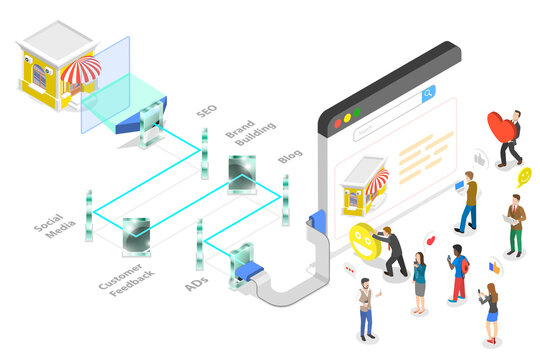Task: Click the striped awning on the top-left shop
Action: coord(81,71)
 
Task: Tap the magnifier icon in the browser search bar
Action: coord(428,93)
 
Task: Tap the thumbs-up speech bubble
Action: coord(479,158)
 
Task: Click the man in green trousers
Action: coord(515,224)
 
